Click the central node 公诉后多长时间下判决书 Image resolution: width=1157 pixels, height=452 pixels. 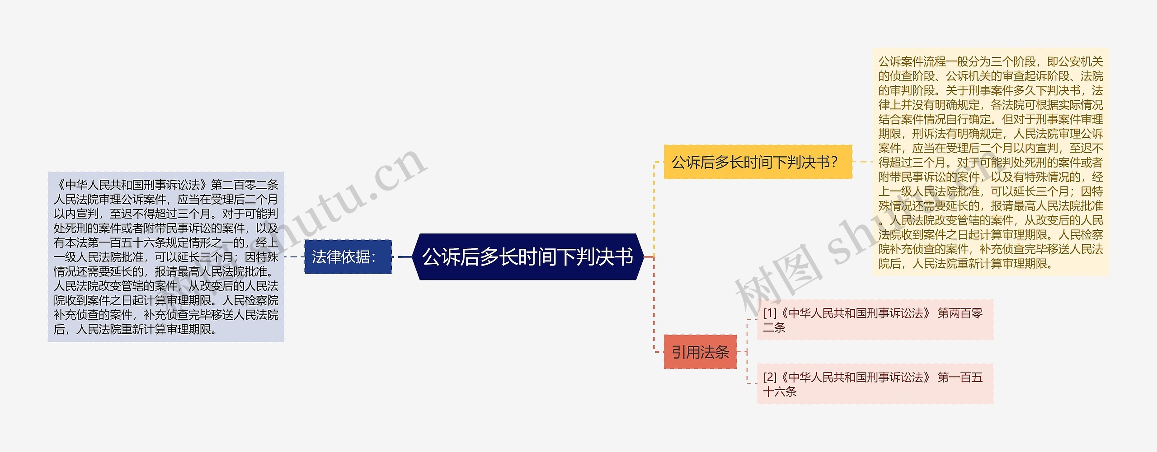click(x=527, y=257)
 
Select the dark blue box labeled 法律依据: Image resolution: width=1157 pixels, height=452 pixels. click(x=348, y=257)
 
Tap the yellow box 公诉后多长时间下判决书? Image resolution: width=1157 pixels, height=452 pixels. click(x=757, y=162)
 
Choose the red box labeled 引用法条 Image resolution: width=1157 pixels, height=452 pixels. click(x=700, y=352)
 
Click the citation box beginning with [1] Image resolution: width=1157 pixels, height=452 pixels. click(x=875, y=320)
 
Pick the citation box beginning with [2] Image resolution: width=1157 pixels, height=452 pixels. click(x=875, y=384)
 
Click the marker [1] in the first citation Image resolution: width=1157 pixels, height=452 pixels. click(x=769, y=313)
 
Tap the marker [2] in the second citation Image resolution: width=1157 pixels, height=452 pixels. click(x=769, y=377)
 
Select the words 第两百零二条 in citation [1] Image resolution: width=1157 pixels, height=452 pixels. click(x=959, y=313)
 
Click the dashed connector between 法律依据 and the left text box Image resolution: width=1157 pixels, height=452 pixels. click(x=294, y=257)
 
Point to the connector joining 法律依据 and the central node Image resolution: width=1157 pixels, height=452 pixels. click(x=403, y=257)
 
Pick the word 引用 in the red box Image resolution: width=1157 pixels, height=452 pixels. click(x=686, y=352)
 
